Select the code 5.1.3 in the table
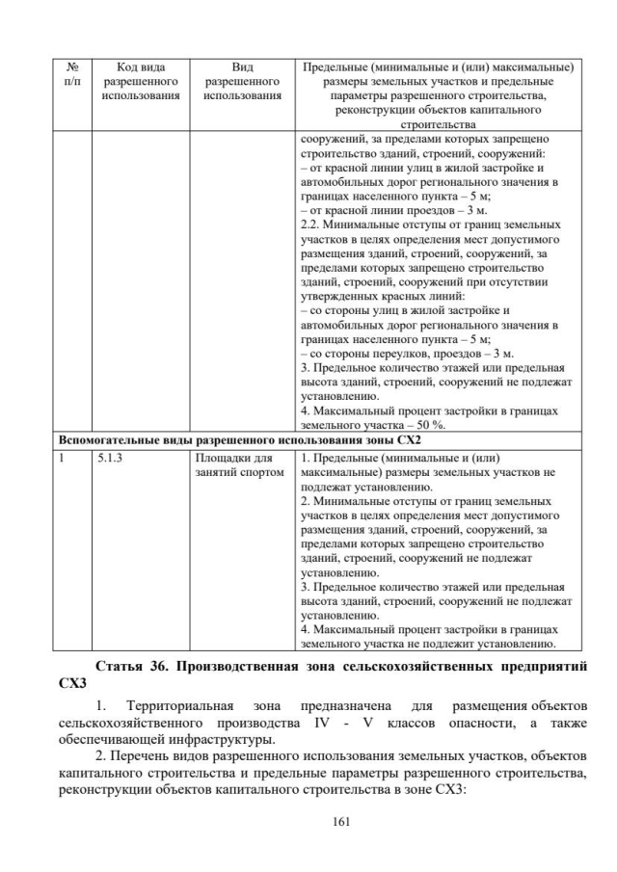[111, 459]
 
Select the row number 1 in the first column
[60, 459]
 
